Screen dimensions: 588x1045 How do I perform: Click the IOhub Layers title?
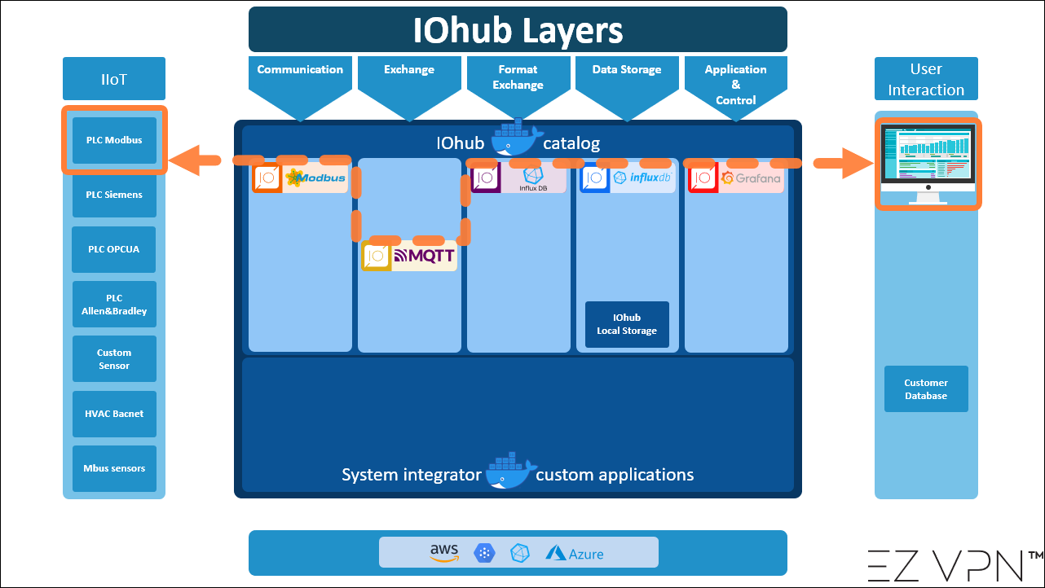point(518,30)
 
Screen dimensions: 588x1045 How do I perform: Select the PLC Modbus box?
point(114,140)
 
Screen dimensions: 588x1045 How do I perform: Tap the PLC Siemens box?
point(114,195)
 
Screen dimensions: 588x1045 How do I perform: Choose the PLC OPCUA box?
point(114,249)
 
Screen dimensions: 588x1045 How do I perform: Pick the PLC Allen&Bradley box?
point(114,305)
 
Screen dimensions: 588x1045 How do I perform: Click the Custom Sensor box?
point(114,359)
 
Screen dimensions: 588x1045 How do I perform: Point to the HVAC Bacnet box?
point(114,414)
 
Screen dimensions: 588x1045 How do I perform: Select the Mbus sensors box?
point(114,468)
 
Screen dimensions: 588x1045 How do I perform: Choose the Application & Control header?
point(735,84)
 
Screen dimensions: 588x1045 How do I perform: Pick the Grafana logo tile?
point(736,178)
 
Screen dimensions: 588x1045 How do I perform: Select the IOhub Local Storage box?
point(627,324)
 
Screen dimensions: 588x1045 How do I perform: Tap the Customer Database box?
point(926,389)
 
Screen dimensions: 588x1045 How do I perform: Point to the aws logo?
point(444,552)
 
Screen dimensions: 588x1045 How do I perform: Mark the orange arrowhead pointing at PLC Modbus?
point(183,160)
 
